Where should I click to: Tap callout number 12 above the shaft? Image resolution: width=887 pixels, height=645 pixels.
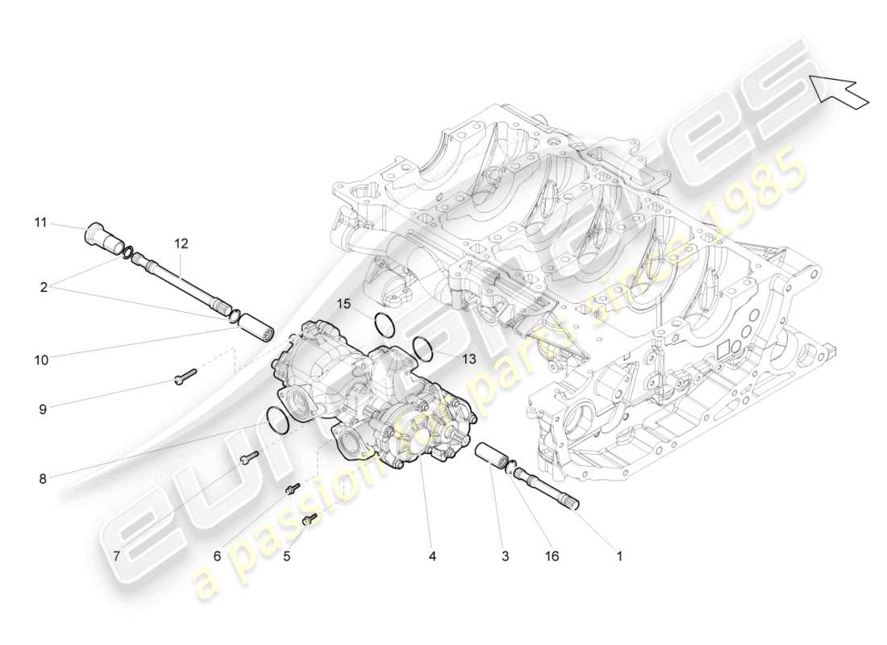[x=181, y=242]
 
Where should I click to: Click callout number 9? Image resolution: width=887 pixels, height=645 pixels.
[x=42, y=409]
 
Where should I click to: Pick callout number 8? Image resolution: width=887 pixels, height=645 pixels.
[x=42, y=478]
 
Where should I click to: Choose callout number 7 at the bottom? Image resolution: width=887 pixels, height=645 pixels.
[x=116, y=556]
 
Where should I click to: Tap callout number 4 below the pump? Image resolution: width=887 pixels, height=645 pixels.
[x=433, y=556]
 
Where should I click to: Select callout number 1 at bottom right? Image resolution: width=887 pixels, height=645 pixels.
[x=619, y=556]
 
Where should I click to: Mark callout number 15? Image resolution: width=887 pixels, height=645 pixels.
[x=344, y=304]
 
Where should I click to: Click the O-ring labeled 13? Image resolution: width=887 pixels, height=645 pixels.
[x=423, y=348]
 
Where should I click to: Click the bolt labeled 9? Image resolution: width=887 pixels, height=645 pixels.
[x=185, y=376]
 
